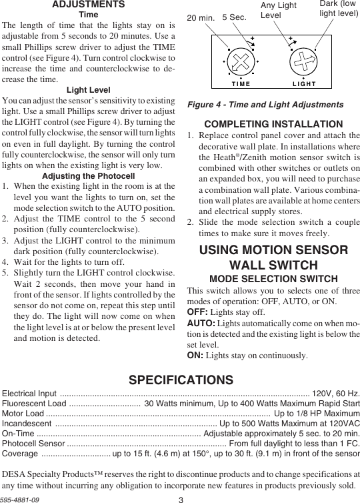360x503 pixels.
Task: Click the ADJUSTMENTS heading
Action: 89,5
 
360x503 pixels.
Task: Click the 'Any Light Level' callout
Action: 278,10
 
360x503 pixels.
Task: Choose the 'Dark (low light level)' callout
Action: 338,8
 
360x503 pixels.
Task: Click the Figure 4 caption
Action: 265,105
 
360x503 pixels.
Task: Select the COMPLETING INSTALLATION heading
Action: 274,124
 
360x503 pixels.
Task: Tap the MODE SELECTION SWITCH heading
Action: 274,278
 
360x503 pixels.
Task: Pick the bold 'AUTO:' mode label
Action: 201,323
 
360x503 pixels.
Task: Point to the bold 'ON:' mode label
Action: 195,356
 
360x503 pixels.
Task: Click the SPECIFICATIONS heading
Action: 181,380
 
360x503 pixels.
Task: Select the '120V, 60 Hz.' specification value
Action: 336,394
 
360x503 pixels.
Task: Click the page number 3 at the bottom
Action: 181,498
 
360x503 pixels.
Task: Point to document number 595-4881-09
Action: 20,498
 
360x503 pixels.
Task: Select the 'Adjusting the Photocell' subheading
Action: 89,176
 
